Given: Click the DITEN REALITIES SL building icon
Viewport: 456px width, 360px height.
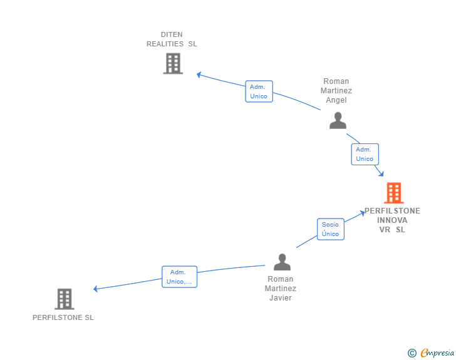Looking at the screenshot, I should (173, 64).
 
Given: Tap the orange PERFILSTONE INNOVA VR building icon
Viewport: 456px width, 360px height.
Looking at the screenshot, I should (393, 193).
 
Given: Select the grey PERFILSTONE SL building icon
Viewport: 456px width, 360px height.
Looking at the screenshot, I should (64, 299).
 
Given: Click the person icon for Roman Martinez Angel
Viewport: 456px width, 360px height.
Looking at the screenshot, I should (338, 120).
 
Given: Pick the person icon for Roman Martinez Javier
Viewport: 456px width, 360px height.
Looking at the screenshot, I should (282, 262).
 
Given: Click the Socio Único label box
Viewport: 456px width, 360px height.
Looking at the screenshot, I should (330, 229).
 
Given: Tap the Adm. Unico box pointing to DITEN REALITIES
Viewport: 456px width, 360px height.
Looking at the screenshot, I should (259, 91).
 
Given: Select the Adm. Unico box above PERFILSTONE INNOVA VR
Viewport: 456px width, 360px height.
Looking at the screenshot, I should (365, 154).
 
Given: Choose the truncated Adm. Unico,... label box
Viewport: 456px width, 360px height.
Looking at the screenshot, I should (179, 277).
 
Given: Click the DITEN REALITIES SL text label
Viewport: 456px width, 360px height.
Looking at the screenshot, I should (172, 39).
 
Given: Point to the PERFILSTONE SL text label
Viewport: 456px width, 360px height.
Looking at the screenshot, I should (63, 317).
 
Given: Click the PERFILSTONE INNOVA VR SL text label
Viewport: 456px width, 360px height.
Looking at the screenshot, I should (393, 220).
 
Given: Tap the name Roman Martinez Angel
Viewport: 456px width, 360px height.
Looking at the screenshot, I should (336, 91).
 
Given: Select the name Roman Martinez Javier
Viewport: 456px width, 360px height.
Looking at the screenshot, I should (280, 289).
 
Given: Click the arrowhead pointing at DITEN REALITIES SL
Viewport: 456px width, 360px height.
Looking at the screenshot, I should (199, 75).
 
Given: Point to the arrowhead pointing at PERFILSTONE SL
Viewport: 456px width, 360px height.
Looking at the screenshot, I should (95, 289).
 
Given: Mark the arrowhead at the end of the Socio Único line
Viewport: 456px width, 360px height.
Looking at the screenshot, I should (363, 213).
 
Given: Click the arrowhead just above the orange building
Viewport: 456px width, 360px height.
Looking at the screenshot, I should (381, 173).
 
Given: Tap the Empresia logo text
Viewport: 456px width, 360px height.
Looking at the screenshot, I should (437, 353).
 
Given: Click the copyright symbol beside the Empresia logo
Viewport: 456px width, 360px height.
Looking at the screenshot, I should (412, 353).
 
